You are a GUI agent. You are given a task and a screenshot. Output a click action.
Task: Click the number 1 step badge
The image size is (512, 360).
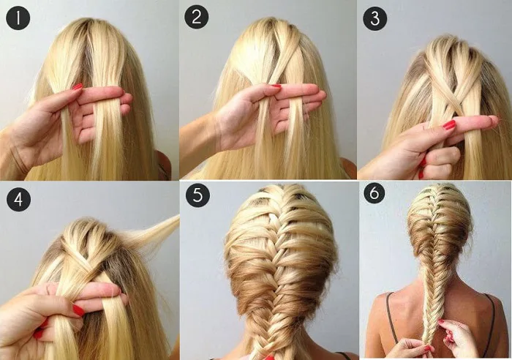(x=18, y=18)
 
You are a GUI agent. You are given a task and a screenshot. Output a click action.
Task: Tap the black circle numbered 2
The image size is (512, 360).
(x=197, y=17)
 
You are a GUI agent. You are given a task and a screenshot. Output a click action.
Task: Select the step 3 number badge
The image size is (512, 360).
(x=375, y=18)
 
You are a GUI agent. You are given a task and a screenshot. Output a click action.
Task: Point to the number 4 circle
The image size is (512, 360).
(x=18, y=199)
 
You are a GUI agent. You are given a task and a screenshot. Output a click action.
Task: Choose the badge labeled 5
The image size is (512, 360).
(x=198, y=195)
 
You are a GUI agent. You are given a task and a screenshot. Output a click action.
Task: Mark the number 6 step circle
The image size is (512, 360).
(x=374, y=193)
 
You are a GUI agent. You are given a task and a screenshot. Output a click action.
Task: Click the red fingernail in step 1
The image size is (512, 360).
(x=78, y=86)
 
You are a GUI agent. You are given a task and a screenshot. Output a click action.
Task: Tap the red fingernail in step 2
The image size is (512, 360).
(x=276, y=86)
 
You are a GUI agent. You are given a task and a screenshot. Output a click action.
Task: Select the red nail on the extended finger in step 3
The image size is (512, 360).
(x=449, y=125)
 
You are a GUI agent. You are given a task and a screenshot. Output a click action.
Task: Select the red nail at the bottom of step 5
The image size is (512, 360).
(x=271, y=357)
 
